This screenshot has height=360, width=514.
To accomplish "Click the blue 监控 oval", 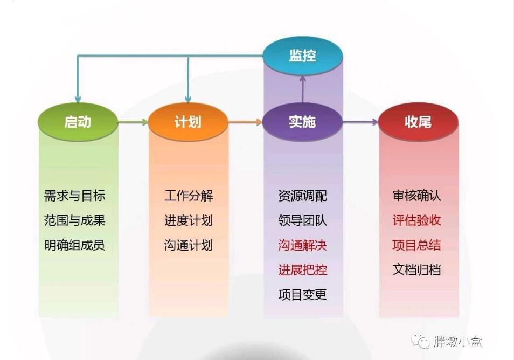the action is pos(303,56).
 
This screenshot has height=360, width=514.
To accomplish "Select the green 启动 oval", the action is pos(78,122).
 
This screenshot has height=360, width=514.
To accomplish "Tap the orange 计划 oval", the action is pos(188,122).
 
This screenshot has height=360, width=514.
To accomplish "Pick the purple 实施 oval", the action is pos(303,122).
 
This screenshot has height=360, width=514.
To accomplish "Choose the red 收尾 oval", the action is pos(418,122).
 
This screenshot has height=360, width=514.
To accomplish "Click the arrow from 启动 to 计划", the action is pos(133,122).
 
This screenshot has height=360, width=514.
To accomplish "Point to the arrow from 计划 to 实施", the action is pos(245,122).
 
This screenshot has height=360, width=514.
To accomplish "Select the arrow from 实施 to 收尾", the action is pos(360,122).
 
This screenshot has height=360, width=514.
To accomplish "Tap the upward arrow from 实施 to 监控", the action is pos(303,89).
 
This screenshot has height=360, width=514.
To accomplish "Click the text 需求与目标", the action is pos(75,196).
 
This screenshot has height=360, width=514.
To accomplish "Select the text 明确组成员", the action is pos(75,245).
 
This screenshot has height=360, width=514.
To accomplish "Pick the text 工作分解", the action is pos(189,196).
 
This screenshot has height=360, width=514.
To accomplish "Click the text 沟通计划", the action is pos(189,245).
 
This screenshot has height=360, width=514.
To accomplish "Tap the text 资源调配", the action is pos(303,196).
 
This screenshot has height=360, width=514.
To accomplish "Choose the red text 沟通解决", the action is pos(303,245).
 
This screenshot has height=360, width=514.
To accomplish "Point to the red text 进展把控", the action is pos(303,270).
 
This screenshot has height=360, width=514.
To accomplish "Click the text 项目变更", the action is pos(303,294).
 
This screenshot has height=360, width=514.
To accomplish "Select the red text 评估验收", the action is pos(416,220).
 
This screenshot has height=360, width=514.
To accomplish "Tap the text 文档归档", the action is pos(416,270).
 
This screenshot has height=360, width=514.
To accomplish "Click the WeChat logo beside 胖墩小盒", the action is pos(421,342).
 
